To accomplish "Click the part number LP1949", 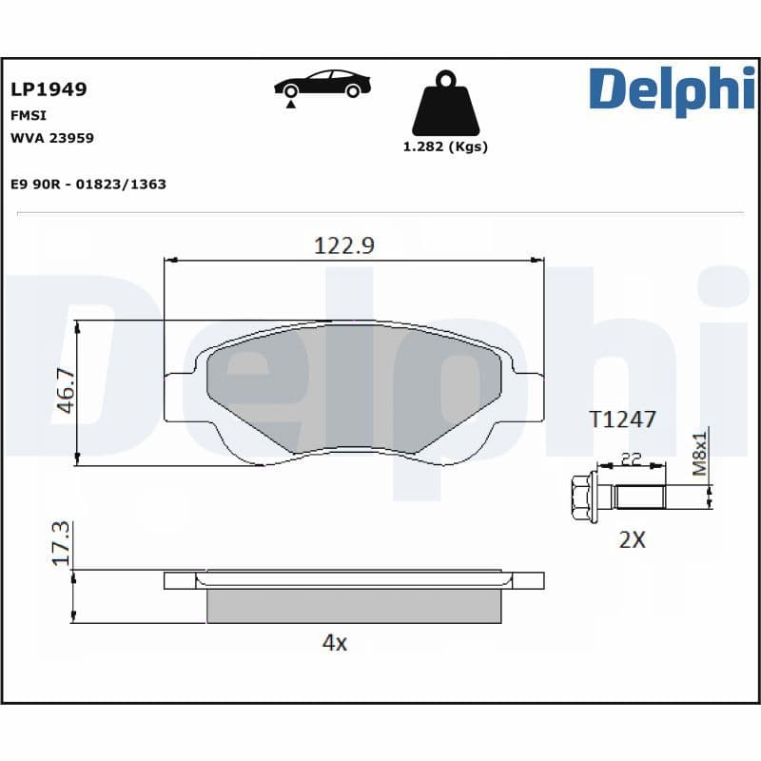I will coord(49,89).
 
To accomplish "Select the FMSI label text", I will coord(29,114).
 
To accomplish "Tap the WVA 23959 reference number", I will coord(51,137).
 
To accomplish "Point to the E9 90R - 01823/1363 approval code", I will coord(88,184).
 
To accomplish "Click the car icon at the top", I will coord(322,84).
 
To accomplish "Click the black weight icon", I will coord(445,103).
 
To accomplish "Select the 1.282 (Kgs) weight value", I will coord(445,146).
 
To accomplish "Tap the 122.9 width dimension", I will coord(344,245).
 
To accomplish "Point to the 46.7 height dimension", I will coord(65,391).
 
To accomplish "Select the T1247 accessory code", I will coord(622,420).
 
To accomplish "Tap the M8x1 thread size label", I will coord(699,455).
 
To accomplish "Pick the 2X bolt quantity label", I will coord(632,539).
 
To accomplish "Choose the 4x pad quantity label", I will coord(334,642).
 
